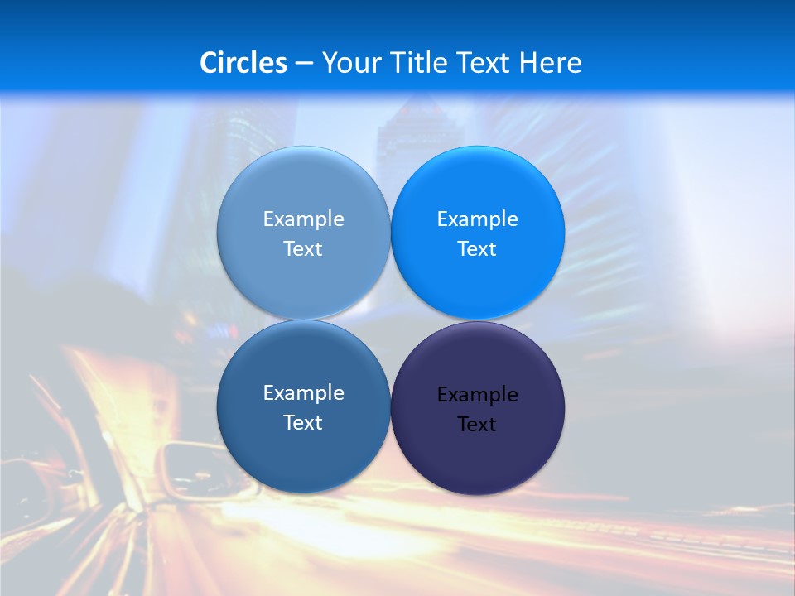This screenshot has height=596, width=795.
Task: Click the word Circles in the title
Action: (x=243, y=63)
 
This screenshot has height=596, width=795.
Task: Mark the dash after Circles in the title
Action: (x=304, y=64)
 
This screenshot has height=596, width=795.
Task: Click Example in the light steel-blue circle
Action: (x=303, y=219)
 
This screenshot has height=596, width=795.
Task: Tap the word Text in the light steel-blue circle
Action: (x=303, y=249)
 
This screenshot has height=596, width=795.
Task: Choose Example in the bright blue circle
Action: (x=477, y=219)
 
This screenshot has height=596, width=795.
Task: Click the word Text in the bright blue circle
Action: (x=477, y=249)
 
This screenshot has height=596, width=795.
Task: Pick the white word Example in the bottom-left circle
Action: (x=303, y=393)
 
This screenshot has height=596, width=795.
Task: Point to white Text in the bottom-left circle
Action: (x=303, y=423)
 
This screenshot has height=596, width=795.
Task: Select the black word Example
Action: (x=477, y=395)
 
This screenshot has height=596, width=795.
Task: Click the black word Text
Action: (x=477, y=425)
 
